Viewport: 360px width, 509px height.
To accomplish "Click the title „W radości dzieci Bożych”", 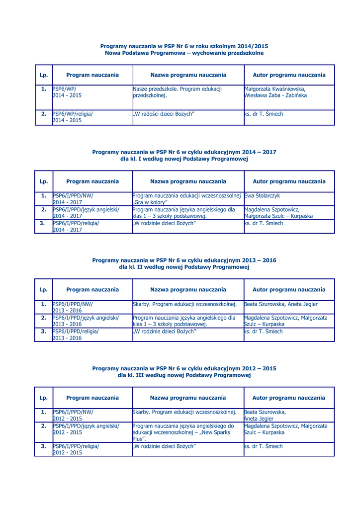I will point(164,114).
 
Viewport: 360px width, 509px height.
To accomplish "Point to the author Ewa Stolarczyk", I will point(262,196).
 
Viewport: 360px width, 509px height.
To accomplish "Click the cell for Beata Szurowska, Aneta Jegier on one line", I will point(281,304).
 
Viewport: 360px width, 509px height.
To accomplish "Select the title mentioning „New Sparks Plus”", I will point(182,432).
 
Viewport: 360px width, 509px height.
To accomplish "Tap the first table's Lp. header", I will point(44,75).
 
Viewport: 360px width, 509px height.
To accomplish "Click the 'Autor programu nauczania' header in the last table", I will point(289,398).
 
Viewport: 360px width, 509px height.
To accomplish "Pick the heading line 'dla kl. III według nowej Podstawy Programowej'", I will point(184,375).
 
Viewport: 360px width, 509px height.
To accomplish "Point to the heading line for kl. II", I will point(184,267).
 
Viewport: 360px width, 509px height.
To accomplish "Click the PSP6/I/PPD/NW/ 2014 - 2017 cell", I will point(73,199).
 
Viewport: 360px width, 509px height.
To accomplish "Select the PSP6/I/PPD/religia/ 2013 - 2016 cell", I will point(76,335).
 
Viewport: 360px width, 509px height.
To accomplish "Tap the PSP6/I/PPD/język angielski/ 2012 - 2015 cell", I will point(86,429).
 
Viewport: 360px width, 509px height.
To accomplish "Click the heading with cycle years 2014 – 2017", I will point(184,152).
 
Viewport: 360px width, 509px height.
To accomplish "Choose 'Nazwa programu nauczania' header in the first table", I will point(188,75).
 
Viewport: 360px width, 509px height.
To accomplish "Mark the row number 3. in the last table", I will point(44,446).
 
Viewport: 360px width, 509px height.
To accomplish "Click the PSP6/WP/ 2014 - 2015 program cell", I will point(67,92).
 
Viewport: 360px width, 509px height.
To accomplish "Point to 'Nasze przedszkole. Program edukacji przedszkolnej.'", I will point(178,92).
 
